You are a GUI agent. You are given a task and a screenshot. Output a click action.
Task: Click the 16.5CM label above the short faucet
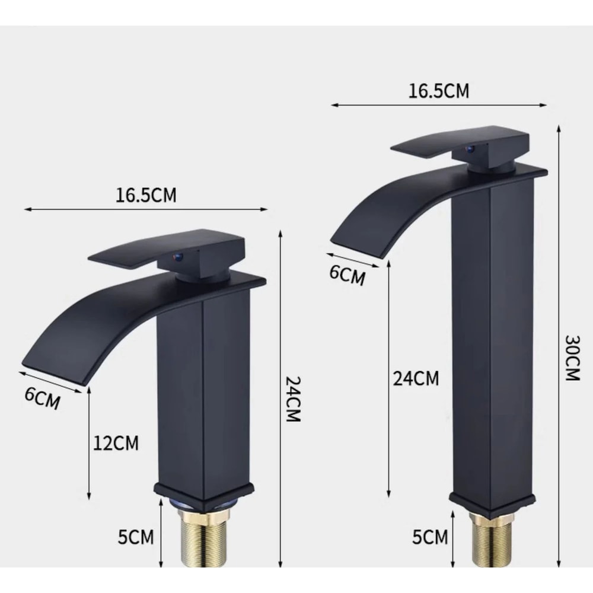[x=146, y=195]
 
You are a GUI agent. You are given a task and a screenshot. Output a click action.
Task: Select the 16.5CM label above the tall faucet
[x=438, y=91]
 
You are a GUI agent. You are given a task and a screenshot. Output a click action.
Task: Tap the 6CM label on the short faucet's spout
[x=42, y=398]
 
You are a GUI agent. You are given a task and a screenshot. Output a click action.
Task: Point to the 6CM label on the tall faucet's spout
[x=347, y=275]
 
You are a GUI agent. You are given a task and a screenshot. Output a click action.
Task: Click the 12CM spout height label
[x=116, y=442]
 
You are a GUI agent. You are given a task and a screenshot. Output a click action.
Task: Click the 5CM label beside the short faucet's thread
[x=136, y=537]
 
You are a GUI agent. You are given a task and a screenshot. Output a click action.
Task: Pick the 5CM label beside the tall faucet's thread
[x=430, y=537]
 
